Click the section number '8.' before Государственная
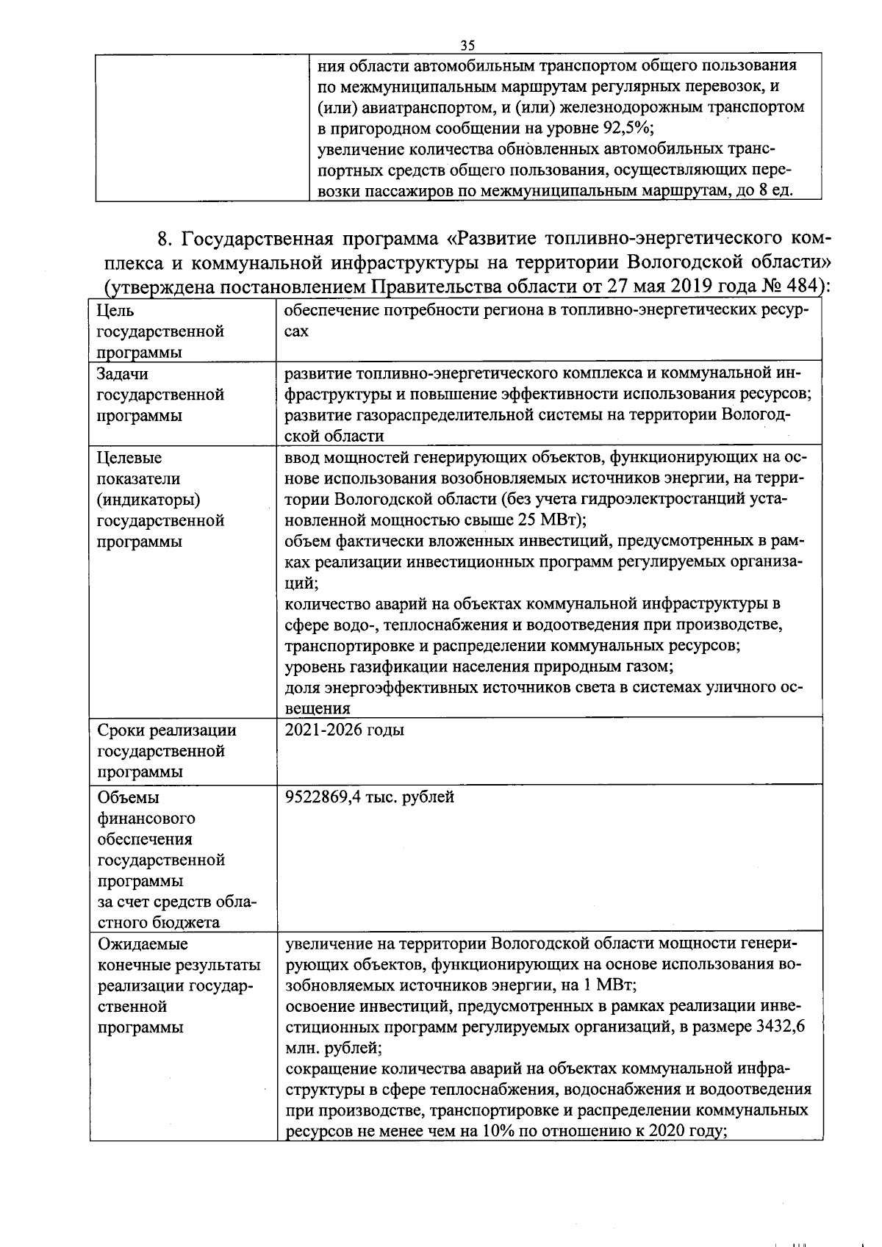(165, 240)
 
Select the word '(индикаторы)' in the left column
(148, 500)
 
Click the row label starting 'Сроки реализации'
(167, 730)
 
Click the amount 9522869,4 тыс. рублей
(369, 797)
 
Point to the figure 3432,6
(779, 1027)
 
